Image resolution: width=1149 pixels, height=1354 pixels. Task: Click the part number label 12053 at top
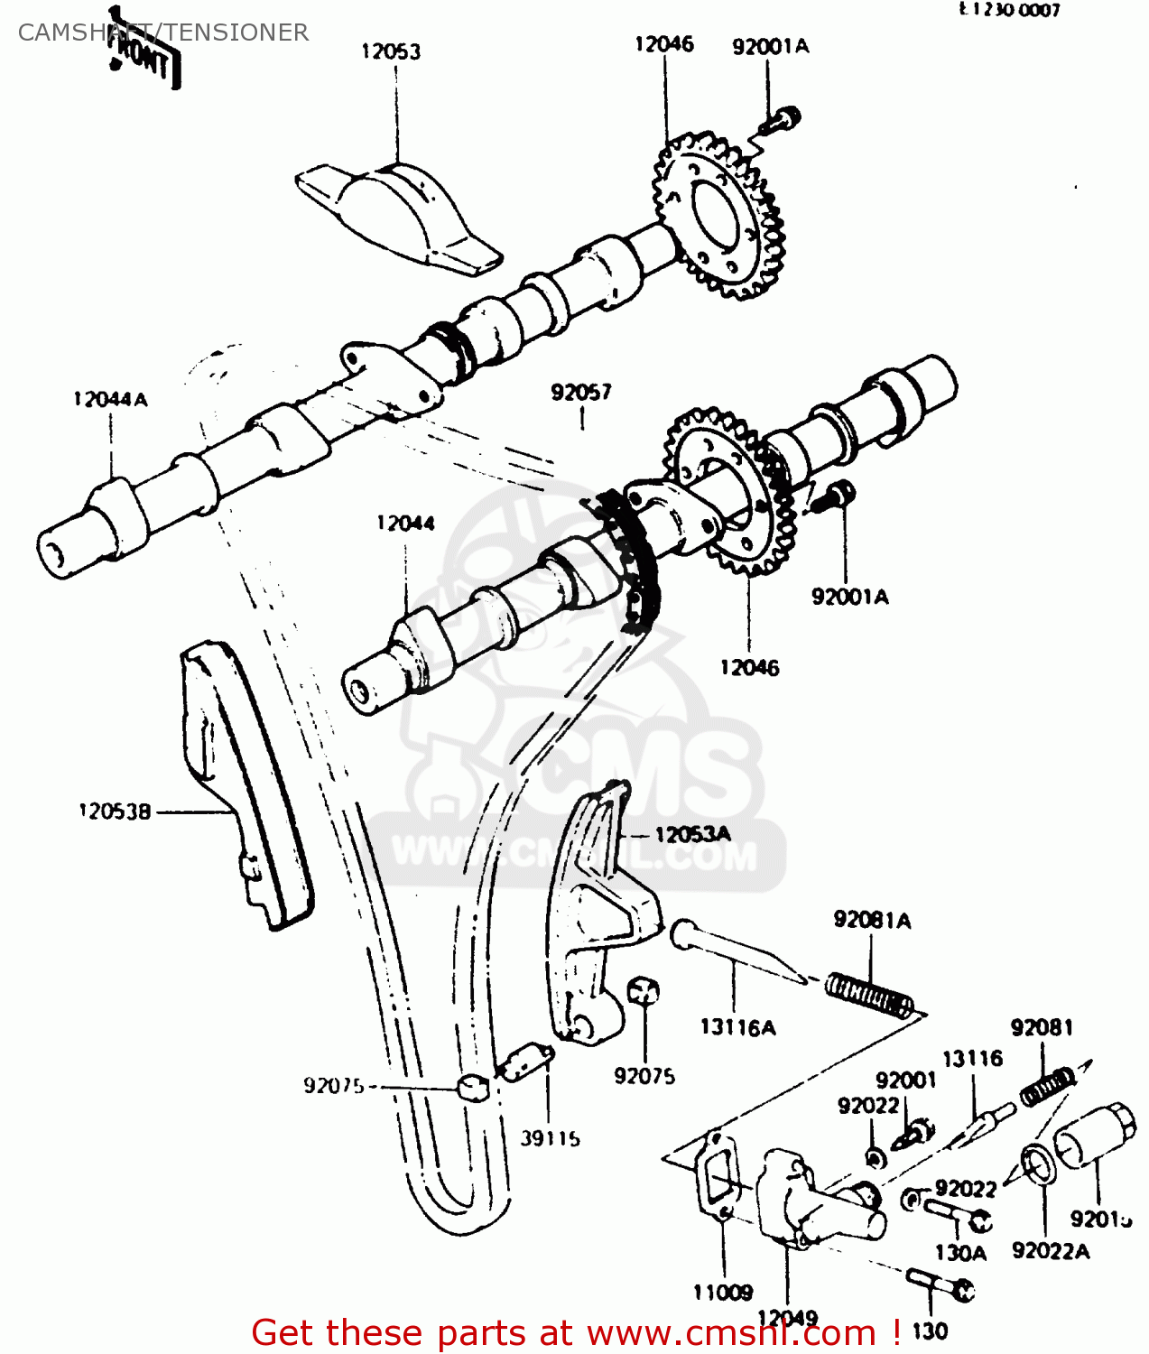[390, 51]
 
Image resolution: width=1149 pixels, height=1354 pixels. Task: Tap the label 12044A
[110, 399]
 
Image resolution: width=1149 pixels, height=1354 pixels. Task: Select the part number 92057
[581, 392]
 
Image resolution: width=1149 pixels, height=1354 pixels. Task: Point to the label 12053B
[116, 811]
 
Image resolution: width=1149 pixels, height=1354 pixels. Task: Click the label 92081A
[872, 920]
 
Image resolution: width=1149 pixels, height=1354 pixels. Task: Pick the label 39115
[550, 1138]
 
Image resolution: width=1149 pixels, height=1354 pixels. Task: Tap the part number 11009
[723, 1293]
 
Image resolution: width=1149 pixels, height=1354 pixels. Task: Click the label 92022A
[1051, 1251]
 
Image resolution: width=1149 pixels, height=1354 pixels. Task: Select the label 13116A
[737, 1027]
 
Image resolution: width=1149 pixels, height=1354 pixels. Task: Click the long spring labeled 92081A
[869, 994]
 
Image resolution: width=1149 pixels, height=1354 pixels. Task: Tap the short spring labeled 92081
[1048, 1087]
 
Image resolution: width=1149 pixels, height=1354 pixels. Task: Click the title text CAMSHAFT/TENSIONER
[163, 32]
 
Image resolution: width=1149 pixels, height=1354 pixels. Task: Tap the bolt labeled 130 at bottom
[940, 1284]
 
